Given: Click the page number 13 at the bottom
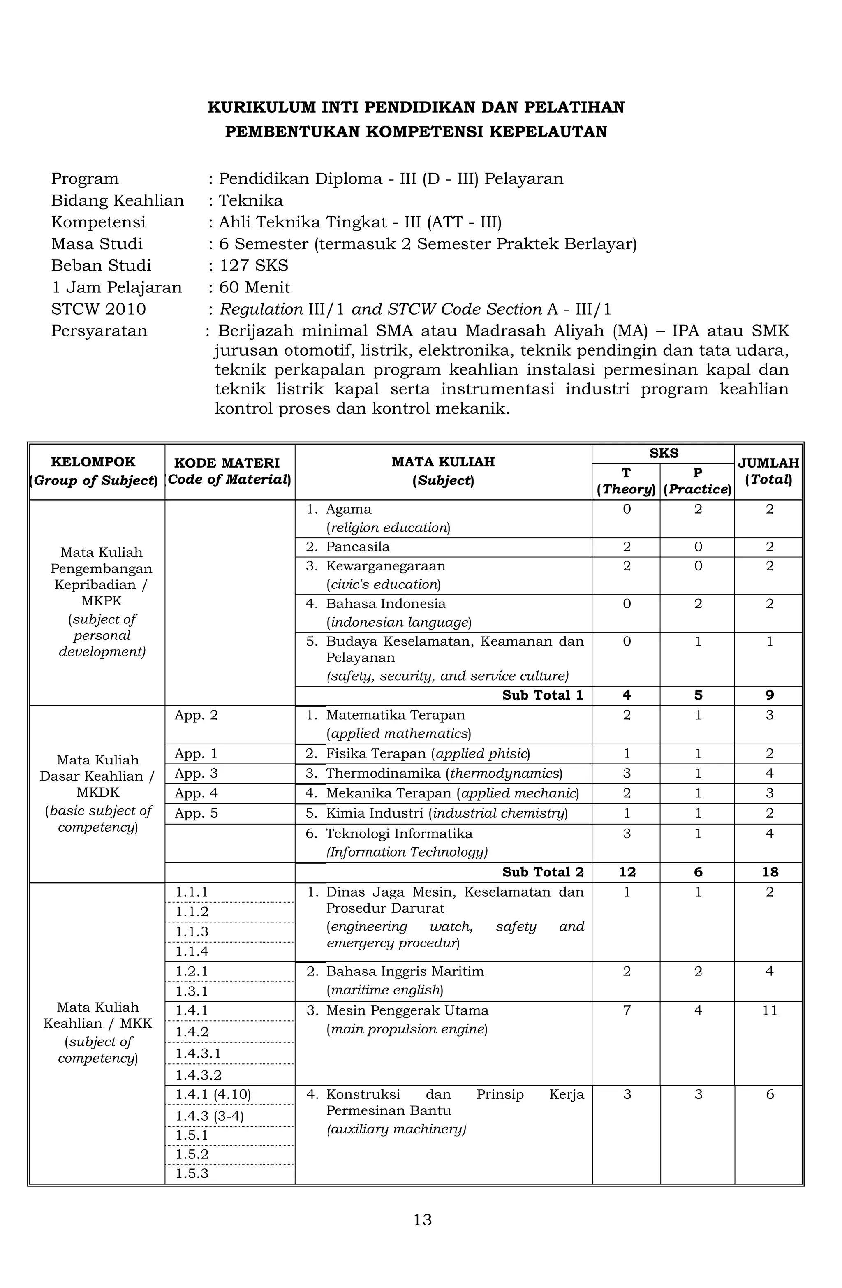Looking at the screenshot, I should [422, 1220].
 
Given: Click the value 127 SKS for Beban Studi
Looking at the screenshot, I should [253, 266].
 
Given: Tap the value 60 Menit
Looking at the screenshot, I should [254, 287].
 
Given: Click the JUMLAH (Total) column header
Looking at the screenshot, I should [768, 471].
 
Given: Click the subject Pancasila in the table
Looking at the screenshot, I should [357, 547].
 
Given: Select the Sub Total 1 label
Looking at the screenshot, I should [542, 695].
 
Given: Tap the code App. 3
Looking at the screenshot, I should [196, 774].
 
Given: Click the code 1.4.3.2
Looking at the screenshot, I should [199, 1075].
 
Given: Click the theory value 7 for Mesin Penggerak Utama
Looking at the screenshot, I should [627, 1010].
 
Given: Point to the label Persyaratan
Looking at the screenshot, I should [99, 331].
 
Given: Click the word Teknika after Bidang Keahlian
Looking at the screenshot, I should [250, 201].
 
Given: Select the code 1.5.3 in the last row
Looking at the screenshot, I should [192, 1173].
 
